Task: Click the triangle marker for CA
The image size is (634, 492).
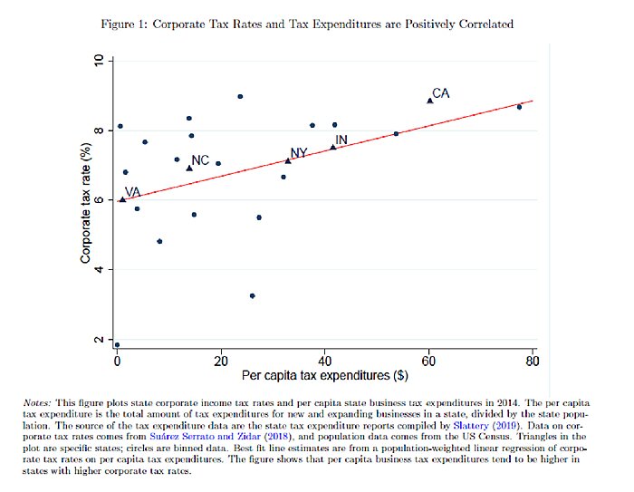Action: pyautogui.click(x=430, y=101)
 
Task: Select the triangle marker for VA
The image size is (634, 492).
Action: pyautogui.click(x=122, y=199)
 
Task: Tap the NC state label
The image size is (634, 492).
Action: pyautogui.click(x=200, y=160)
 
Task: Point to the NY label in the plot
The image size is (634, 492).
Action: pyautogui.click(x=299, y=152)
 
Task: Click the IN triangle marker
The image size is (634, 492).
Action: pyautogui.click(x=333, y=147)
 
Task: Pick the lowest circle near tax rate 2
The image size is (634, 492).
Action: pyautogui.click(x=117, y=345)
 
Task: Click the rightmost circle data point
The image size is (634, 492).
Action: pyautogui.click(x=519, y=107)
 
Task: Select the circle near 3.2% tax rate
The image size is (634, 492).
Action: pyautogui.click(x=253, y=295)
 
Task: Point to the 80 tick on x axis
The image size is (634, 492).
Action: pyautogui.click(x=533, y=361)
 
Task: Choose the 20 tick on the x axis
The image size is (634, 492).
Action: pyautogui.click(x=221, y=361)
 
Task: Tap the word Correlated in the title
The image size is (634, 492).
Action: pyautogui.click(x=481, y=24)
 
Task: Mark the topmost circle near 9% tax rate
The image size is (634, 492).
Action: pyautogui.click(x=240, y=96)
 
